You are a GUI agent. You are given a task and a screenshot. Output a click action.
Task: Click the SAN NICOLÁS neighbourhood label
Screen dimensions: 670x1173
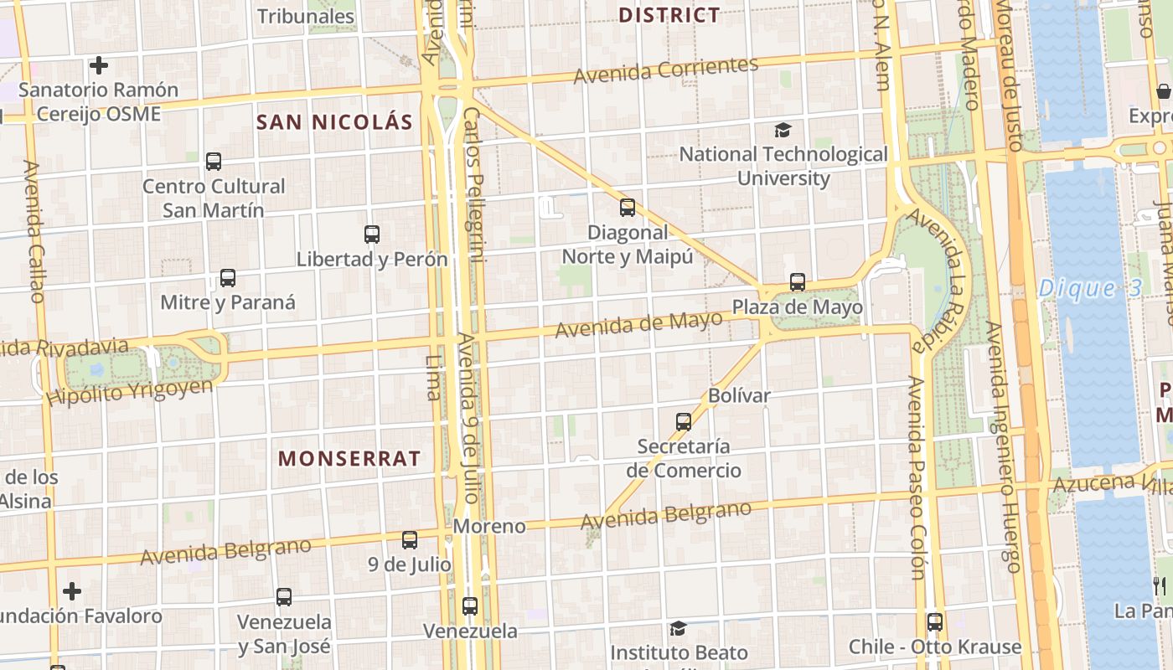tap(334, 122)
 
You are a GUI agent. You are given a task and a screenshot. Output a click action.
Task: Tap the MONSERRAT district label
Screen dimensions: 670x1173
tap(349, 459)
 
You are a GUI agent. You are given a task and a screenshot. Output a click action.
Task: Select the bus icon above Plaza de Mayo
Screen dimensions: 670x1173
tap(797, 282)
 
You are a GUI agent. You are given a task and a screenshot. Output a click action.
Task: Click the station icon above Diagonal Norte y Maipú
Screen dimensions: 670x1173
tap(627, 208)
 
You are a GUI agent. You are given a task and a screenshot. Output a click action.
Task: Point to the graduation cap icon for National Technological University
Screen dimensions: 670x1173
tap(783, 130)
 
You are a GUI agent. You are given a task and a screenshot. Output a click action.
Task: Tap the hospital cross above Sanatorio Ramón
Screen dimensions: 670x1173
tap(99, 65)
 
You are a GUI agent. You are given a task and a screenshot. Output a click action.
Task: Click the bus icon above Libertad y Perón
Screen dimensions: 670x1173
tap(372, 235)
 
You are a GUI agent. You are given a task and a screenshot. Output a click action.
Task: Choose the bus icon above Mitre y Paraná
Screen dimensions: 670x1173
tap(227, 278)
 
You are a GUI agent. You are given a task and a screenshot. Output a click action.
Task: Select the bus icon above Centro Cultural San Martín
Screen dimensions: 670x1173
tap(214, 162)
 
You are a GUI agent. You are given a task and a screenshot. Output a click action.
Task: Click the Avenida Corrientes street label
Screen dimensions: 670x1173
tap(666, 70)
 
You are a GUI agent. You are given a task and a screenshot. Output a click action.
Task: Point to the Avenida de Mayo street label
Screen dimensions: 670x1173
tap(638, 324)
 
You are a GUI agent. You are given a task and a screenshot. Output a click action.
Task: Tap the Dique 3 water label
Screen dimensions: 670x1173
tap(1089, 289)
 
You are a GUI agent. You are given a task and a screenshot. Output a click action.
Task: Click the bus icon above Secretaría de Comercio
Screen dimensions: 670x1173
tap(684, 422)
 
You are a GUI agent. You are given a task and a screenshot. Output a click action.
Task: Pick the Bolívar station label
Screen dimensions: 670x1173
tap(739, 395)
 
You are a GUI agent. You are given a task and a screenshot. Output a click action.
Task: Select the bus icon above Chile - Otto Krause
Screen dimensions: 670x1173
tap(934, 622)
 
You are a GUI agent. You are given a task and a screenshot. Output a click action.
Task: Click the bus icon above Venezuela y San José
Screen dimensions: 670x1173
tap(284, 597)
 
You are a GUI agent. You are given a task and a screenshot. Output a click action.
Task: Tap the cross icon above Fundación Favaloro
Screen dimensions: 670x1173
tap(72, 591)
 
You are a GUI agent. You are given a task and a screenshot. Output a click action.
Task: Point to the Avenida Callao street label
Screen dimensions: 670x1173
tap(34, 231)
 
